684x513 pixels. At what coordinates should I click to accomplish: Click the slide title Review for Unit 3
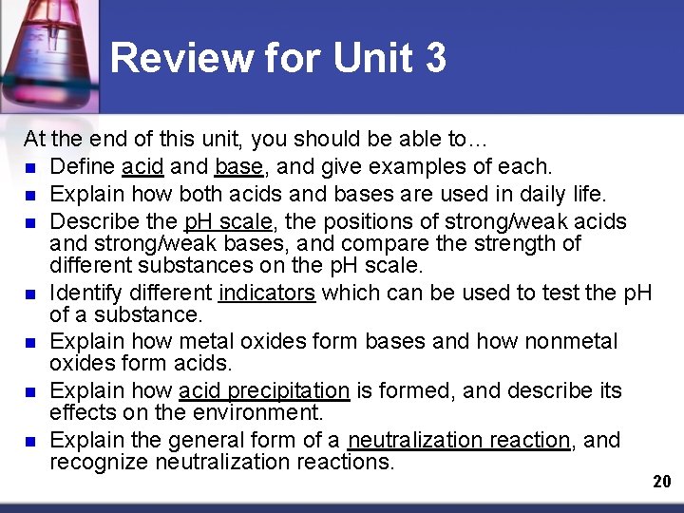point(277,59)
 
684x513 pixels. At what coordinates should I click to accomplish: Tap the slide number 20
point(662,482)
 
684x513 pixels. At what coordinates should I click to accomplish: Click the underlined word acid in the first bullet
point(142,167)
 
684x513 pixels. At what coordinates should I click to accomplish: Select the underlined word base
point(239,167)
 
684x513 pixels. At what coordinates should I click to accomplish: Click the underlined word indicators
point(266,293)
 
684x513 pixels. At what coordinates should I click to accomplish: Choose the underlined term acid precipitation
point(264,390)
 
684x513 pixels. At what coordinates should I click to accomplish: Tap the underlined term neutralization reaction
point(459,440)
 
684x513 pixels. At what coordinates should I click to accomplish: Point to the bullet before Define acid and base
point(31,168)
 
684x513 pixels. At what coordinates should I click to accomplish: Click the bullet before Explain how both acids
point(31,196)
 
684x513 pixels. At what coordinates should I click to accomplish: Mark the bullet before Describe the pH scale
point(31,222)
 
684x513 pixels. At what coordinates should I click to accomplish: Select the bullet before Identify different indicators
point(31,294)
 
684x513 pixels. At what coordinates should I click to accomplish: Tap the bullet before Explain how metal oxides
point(31,342)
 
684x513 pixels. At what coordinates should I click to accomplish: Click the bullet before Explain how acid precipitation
point(31,391)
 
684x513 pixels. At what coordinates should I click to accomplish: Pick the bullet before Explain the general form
point(31,441)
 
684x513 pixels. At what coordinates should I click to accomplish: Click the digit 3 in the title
point(434,59)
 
